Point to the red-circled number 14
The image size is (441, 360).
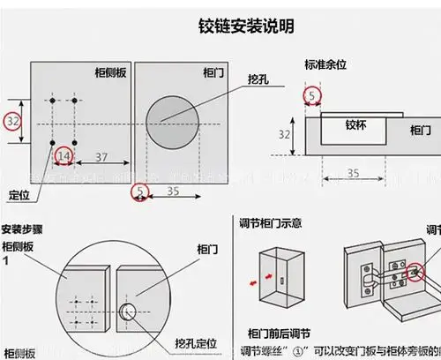point(64,156)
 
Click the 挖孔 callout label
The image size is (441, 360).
point(260,79)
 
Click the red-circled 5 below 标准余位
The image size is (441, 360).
point(312,95)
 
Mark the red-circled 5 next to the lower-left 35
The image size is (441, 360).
point(140,191)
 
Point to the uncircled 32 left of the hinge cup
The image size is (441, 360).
point(284,135)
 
